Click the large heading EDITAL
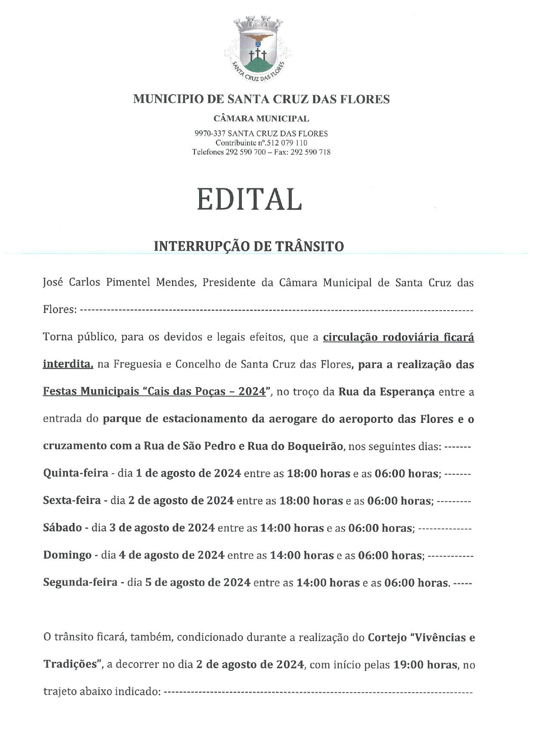250,200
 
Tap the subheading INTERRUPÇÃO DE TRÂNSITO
249,247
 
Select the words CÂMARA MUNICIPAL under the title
261,118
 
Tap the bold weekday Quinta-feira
76,473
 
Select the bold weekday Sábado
62,527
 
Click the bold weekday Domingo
67,555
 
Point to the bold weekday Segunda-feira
80,582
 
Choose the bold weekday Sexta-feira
72,500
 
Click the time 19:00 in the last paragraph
408,665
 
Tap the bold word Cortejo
387,637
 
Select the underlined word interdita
67,364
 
